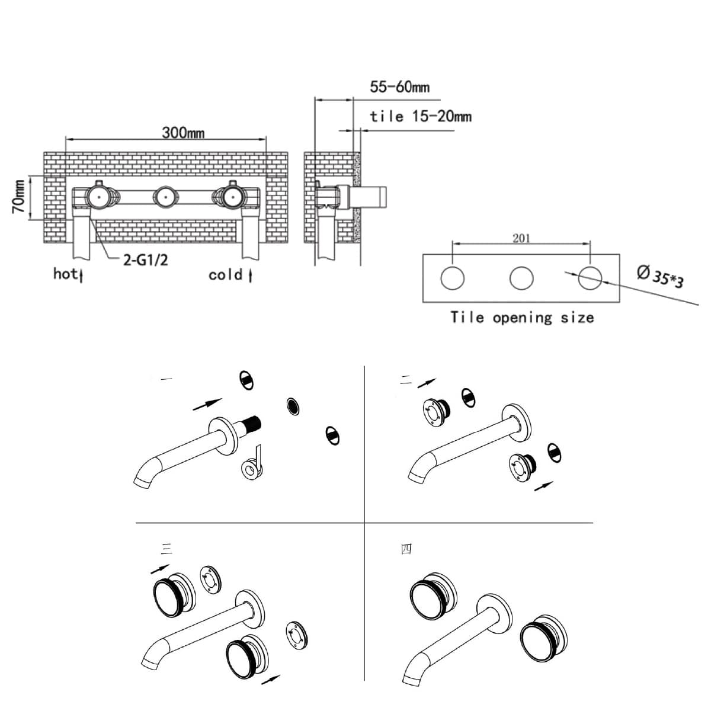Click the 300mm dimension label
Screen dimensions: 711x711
click(x=183, y=133)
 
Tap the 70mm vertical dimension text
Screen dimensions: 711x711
click(x=19, y=197)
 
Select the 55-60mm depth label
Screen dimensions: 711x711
click(x=399, y=87)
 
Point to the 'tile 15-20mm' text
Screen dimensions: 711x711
click(x=421, y=117)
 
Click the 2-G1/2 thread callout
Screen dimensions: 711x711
click(x=145, y=261)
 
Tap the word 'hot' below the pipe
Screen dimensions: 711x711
click(x=66, y=274)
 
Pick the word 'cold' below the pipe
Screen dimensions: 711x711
click(x=225, y=275)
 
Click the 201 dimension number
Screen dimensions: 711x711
click(x=521, y=239)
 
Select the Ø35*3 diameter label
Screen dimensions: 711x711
click(x=659, y=276)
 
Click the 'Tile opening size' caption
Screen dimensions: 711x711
click(x=522, y=318)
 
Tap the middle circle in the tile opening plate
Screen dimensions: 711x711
click(x=521, y=278)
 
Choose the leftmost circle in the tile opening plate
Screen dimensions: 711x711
click(x=452, y=278)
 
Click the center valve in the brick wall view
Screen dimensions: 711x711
click(x=166, y=197)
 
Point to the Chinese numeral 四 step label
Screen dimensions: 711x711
click(x=406, y=549)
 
